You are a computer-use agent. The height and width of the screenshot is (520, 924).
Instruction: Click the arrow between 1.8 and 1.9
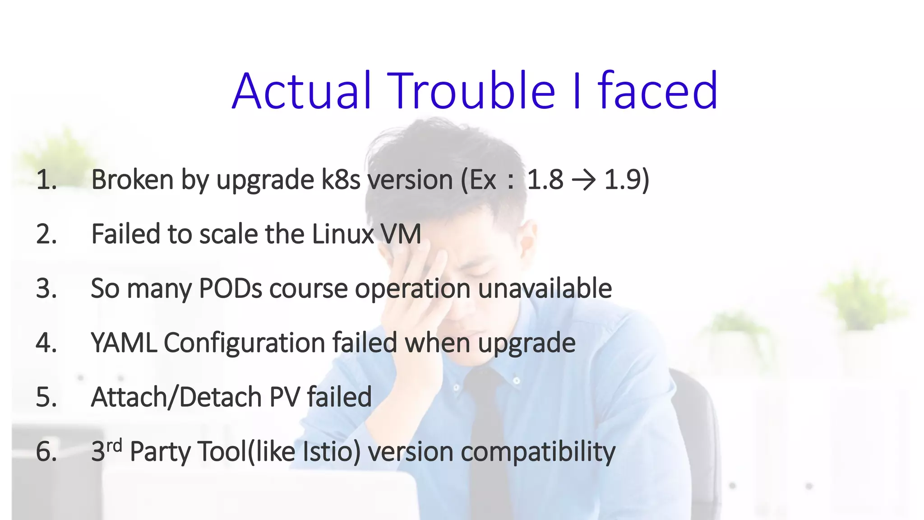coord(583,180)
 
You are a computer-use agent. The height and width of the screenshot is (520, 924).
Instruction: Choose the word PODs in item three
coord(230,288)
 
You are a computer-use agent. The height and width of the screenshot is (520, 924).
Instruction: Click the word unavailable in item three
coord(545,288)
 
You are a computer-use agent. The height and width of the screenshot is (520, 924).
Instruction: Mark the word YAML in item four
coord(124,343)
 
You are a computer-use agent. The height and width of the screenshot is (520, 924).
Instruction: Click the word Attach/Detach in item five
coord(176,397)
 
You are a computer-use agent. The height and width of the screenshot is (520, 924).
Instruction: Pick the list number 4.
coord(46,343)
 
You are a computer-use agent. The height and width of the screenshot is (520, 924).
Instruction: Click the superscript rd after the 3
coord(114,446)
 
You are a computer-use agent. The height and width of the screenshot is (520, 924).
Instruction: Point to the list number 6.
coord(46,451)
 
